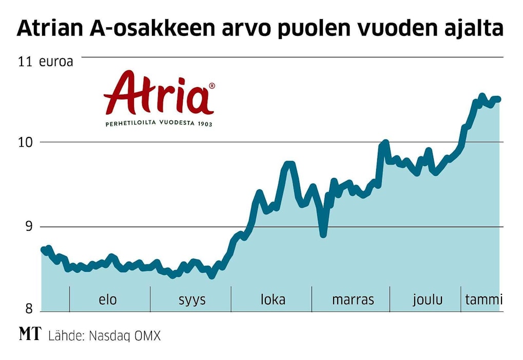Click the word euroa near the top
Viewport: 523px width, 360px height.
click(56, 62)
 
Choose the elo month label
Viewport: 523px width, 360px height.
click(108, 299)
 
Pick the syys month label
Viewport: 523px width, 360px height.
click(192, 299)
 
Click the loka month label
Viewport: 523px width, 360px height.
click(273, 299)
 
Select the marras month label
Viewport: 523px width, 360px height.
click(353, 299)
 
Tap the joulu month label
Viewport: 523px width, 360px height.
click(428, 299)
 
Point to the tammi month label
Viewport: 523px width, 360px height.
click(483, 299)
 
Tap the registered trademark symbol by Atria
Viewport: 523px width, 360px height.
click(211, 87)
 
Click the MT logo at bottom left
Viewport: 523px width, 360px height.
click(30, 335)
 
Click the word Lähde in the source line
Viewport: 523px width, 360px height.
click(65, 336)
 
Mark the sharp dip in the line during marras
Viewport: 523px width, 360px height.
click(323, 234)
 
